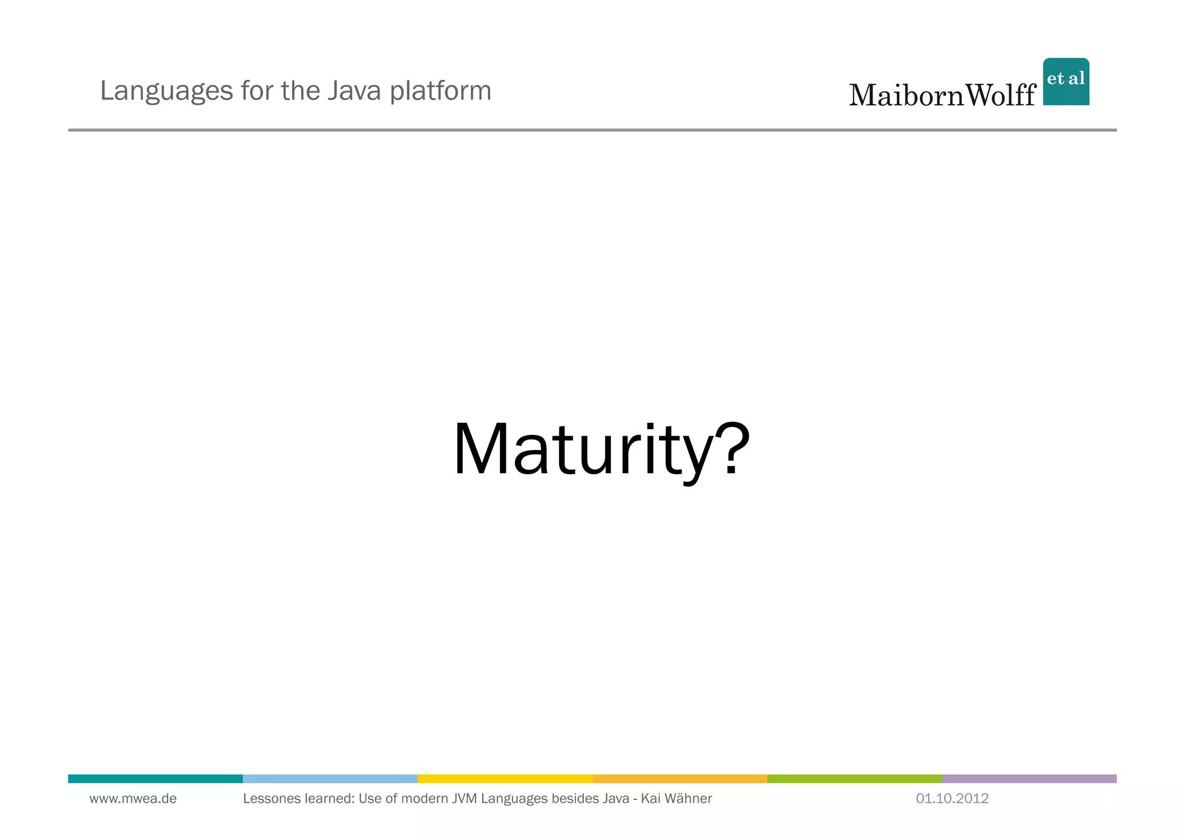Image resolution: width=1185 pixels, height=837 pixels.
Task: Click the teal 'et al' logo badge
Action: (1066, 82)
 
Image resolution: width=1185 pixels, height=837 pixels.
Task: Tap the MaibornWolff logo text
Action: (942, 95)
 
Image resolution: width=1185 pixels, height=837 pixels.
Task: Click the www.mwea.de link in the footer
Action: (133, 799)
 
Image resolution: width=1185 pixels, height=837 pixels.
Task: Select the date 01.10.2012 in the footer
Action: (952, 799)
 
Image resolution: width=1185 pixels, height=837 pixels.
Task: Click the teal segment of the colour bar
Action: (155, 779)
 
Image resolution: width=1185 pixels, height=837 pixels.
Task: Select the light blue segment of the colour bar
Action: (330, 779)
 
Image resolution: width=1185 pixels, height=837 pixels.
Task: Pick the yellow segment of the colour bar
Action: (505, 779)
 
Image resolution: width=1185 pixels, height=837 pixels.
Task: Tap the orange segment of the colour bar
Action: (679, 779)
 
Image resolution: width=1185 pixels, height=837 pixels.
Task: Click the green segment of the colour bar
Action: (854, 779)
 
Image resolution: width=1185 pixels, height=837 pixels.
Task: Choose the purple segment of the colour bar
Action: (1029, 779)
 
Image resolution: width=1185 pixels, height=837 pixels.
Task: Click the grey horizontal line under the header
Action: (592, 130)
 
